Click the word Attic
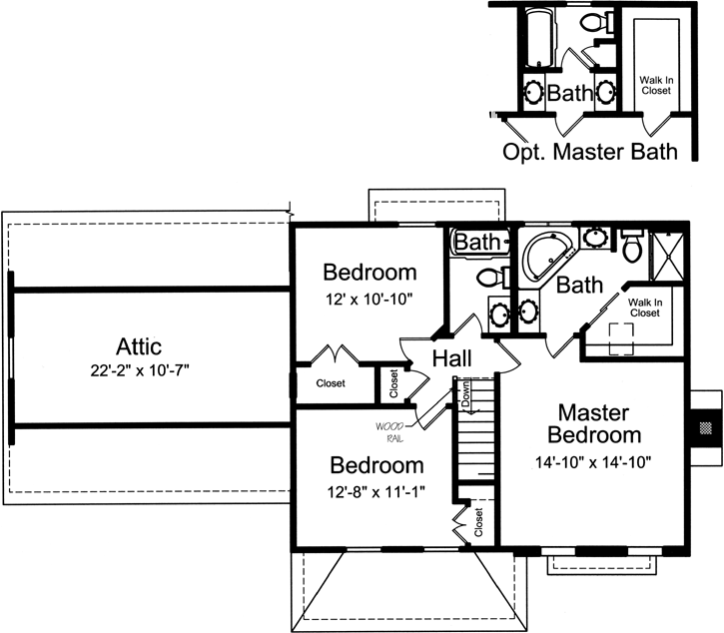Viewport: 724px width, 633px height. tap(139, 346)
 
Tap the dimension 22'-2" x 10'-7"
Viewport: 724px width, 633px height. tap(139, 369)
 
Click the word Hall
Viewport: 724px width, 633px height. tap(452, 359)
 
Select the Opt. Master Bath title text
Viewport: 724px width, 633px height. tap(589, 152)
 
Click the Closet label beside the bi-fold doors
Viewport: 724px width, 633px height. tap(331, 382)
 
